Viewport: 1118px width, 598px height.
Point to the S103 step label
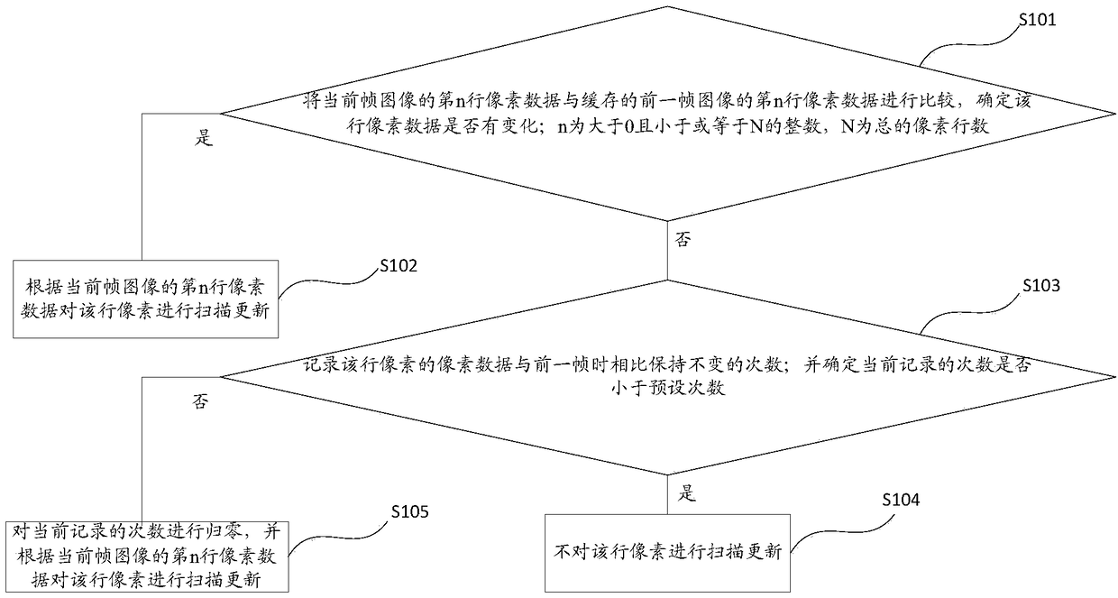pyautogui.click(x=1041, y=286)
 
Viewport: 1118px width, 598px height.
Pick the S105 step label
pyautogui.click(x=408, y=513)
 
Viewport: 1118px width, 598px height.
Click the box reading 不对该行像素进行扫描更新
pyautogui.click(x=667, y=552)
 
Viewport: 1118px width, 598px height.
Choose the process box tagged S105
pyautogui.click(x=146, y=554)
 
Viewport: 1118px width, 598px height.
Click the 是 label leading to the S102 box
pyautogui.click(x=204, y=140)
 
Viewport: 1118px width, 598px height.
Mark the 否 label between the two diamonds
pyautogui.click(x=683, y=241)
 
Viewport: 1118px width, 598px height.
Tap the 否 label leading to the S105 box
pyautogui.click(x=200, y=402)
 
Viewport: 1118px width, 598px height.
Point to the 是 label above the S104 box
pyautogui.click(x=687, y=493)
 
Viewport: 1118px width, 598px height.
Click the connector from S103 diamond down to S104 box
pyautogui.click(x=667, y=493)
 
